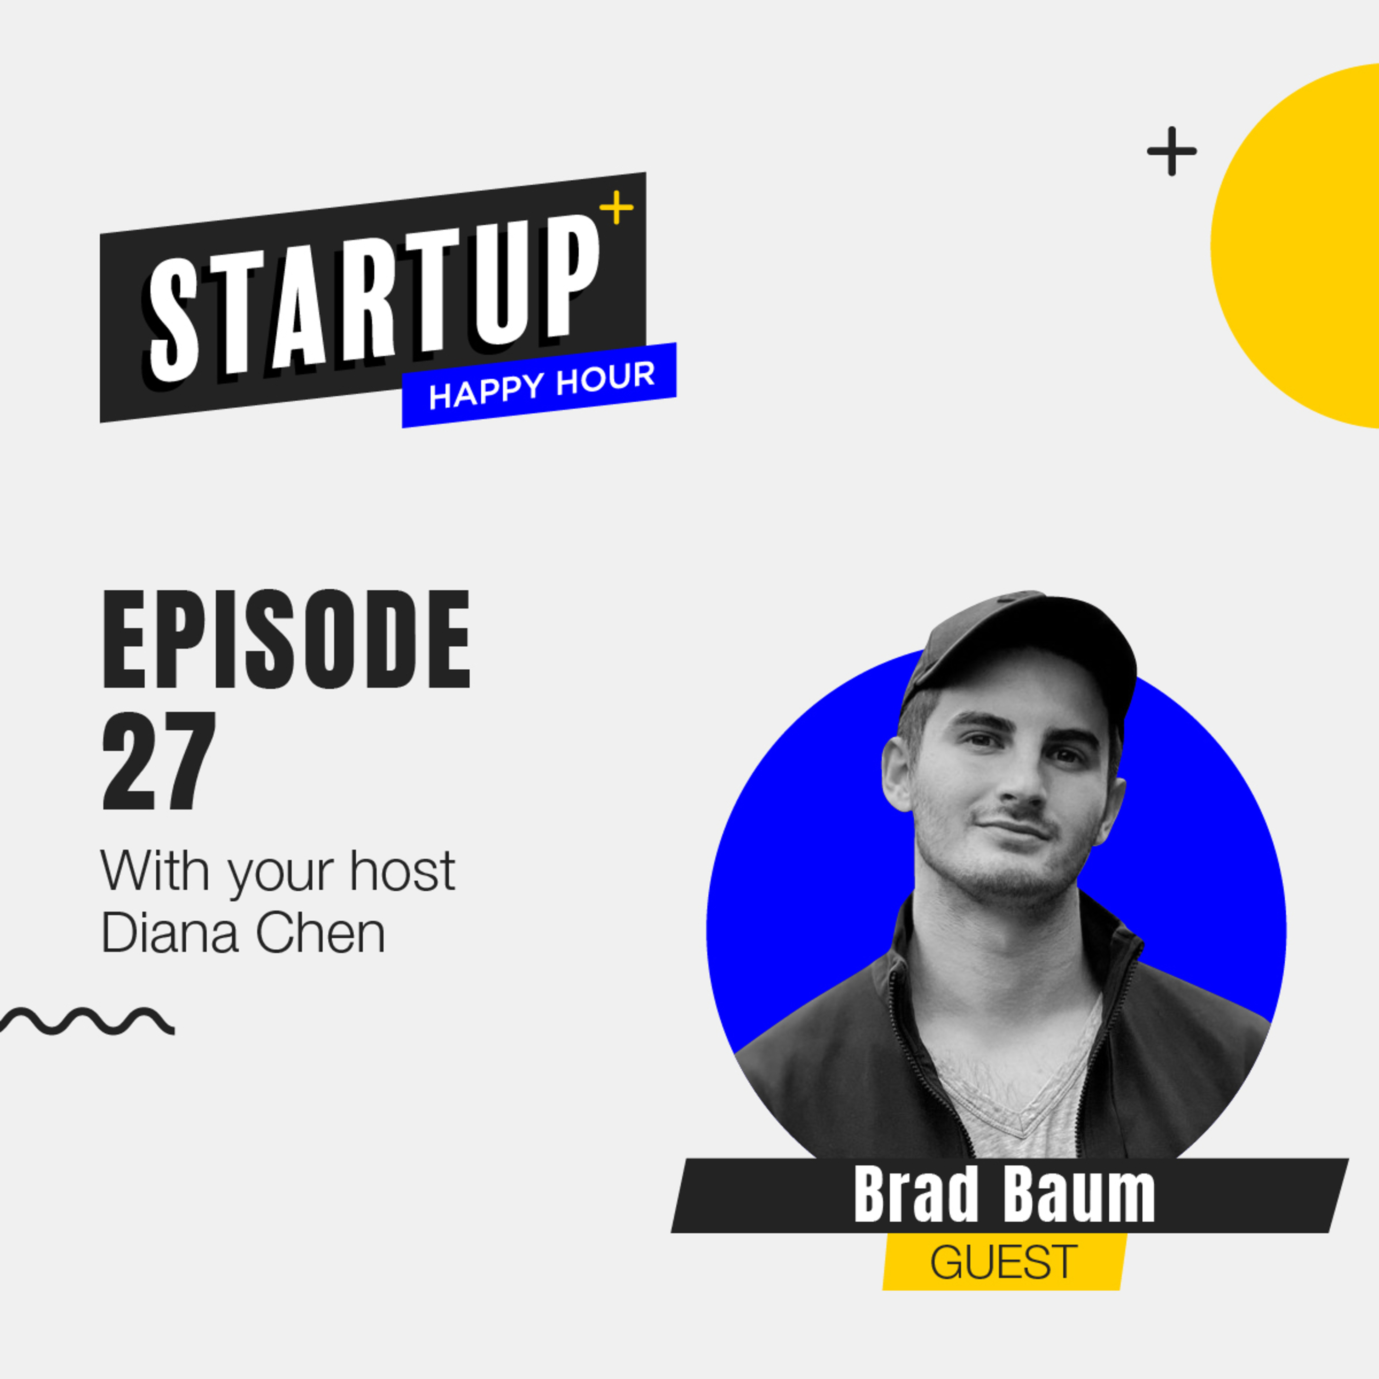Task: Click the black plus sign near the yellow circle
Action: pyautogui.click(x=1172, y=151)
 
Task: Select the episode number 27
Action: pyautogui.click(x=159, y=762)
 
